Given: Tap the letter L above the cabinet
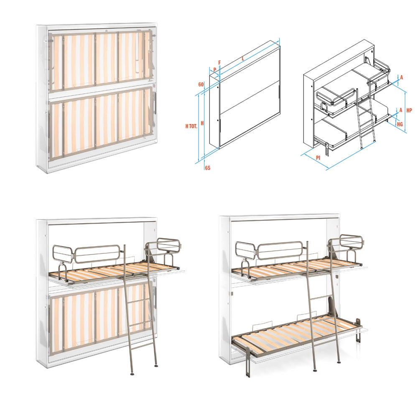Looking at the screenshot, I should (x=243, y=59).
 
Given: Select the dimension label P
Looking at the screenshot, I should (x=214, y=70).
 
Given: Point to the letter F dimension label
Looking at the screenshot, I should (x=219, y=62).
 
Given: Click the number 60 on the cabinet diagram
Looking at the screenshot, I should (x=201, y=84).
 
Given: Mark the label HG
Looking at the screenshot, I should (x=400, y=124).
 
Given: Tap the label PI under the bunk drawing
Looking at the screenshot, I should (x=318, y=158).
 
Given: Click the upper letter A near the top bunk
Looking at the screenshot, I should (x=401, y=77).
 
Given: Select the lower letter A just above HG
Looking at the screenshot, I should (x=400, y=110).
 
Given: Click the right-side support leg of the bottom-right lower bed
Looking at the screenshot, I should (x=358, y=330).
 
